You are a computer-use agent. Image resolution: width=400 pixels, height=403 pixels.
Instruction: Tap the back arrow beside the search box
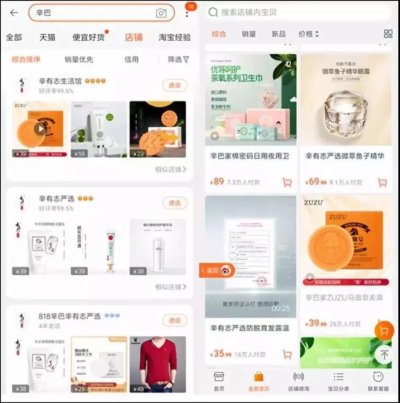click(14, 13)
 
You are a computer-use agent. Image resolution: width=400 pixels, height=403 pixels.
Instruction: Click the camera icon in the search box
click(161, 13)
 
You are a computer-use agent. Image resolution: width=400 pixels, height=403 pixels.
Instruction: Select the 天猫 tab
click(47, 37)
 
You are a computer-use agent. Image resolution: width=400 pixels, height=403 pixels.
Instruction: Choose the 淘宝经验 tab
click(174, 37)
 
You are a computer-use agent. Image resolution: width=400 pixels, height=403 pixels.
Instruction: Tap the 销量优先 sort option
click(78, 60)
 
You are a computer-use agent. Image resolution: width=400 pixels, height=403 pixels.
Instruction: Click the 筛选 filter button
click(178, 60)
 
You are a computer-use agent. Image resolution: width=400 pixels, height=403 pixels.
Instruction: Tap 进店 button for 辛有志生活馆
click(174, 85)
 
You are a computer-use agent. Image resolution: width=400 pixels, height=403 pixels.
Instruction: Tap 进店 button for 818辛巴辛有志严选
click(174, 321)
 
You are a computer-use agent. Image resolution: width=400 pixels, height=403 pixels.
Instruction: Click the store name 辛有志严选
click(57, 199)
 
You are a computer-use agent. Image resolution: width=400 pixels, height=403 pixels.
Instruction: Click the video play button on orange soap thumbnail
click(40, 129)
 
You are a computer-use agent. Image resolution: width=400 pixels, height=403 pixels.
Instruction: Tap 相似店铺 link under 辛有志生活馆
click(170, 169)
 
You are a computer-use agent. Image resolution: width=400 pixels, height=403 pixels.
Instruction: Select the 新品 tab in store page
click(278, 34)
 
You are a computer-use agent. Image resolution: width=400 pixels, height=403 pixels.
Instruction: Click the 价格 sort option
click(308, 34)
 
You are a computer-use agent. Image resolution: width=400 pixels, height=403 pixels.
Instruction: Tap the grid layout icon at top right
click(388, 34)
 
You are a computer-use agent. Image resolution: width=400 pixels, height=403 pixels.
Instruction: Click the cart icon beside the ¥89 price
click(287, 182)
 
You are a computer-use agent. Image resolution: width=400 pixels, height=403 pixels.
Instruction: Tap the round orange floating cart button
click(384, 331)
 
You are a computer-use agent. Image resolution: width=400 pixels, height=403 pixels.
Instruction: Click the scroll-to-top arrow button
click(384, 355)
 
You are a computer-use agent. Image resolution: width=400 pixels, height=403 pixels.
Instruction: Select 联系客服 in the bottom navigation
click(378, 381)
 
